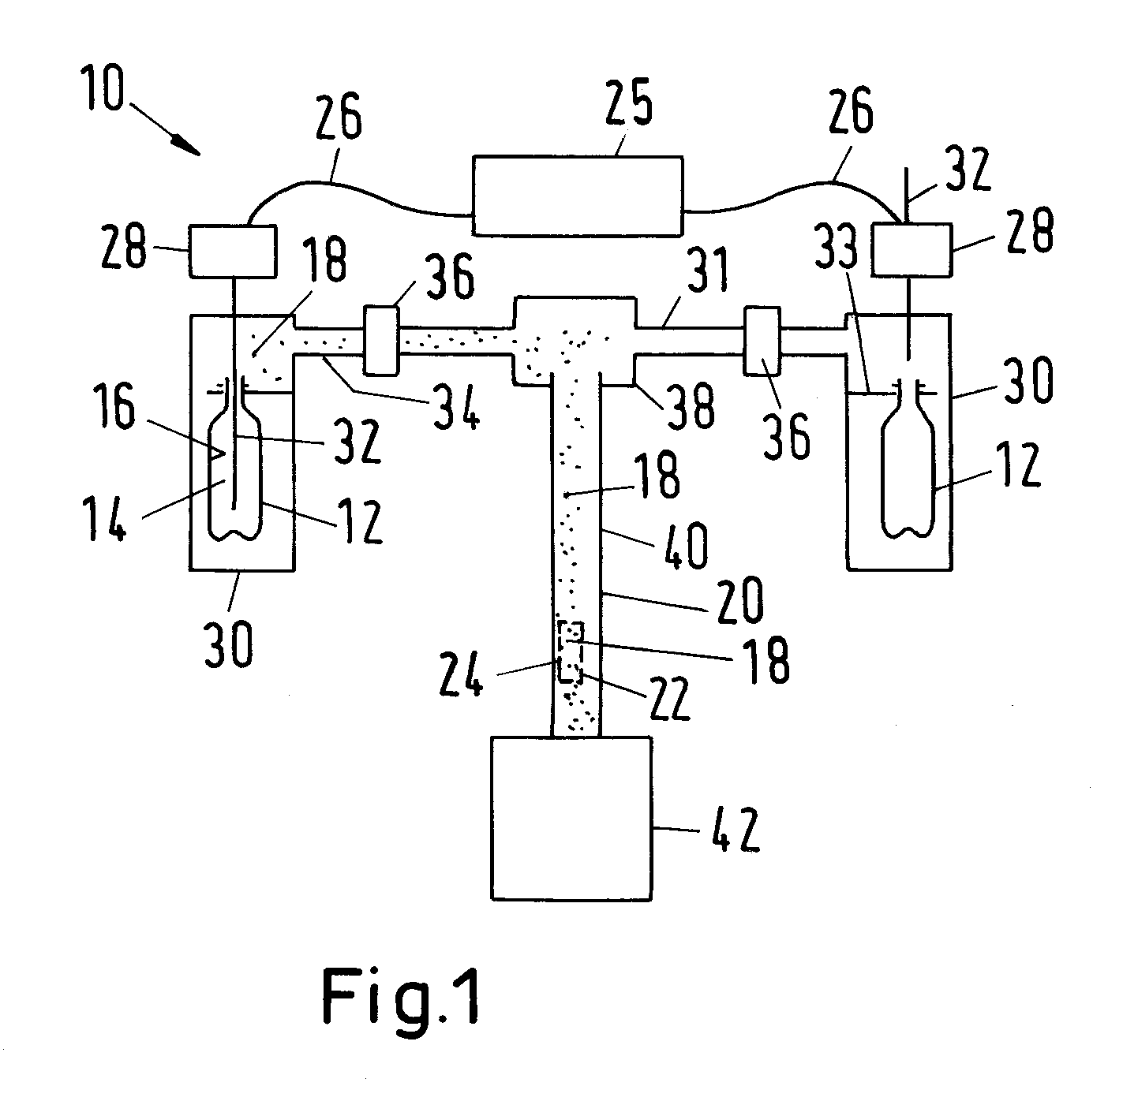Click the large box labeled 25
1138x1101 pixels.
click(x=577, y=196)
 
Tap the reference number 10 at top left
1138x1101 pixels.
click(x=103, y=88)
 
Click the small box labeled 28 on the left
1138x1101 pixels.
click(x=232, y=252)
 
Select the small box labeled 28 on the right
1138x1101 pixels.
click(x=911, y=249)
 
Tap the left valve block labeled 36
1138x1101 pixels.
click(x=380, y=340)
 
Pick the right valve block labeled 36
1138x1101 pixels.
click(x=762, y=341)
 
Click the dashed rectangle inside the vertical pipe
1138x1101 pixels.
click(x=570, y=651)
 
